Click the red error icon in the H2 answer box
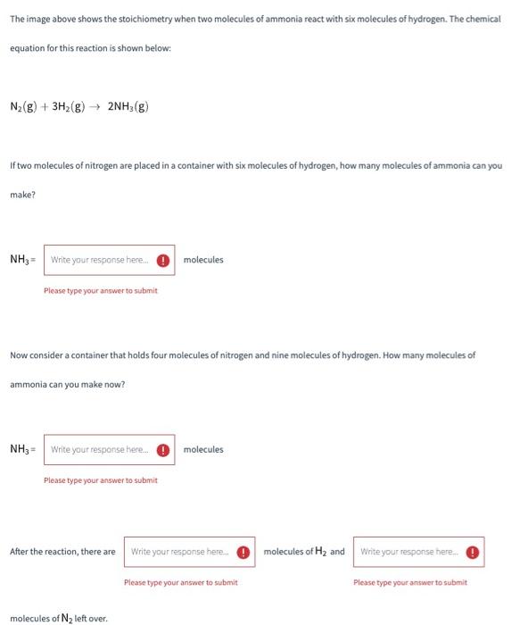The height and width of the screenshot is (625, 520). [243, 552]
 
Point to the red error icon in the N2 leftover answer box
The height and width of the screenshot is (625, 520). [472, 552]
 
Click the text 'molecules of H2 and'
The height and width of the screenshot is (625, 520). [304, 552]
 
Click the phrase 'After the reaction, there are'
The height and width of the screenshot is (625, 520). [62, 552]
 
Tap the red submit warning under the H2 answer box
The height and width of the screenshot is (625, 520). [180, 582]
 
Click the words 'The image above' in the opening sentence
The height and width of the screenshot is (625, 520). [38, 19]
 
